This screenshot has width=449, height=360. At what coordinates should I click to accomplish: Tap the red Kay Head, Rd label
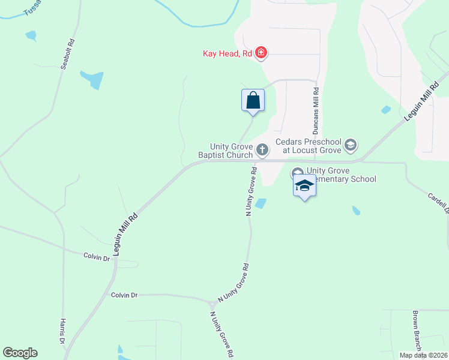point(227,54)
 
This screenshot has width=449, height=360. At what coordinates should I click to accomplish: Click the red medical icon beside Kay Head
point(261,53)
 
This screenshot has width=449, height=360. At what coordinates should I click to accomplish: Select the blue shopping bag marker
point(253,100)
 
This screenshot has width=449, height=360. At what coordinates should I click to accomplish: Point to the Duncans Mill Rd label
point(315,111)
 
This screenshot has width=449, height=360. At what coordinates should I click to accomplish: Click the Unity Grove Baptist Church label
point(231,151)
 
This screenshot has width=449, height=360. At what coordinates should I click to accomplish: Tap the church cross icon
point(262,149)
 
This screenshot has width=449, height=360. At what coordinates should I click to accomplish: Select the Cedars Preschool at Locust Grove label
point(308,146)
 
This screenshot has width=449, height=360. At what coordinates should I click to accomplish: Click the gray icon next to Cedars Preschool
point(351,145)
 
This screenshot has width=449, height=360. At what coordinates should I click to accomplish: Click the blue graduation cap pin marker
point(304,187)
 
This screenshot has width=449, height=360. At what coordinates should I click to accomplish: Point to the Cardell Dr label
point(439,203)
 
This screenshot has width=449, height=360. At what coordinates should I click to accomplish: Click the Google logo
point(20,353)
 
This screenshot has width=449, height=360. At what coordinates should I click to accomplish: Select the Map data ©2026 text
point(423,355)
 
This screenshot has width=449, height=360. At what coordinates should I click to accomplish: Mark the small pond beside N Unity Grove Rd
point(261,204)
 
